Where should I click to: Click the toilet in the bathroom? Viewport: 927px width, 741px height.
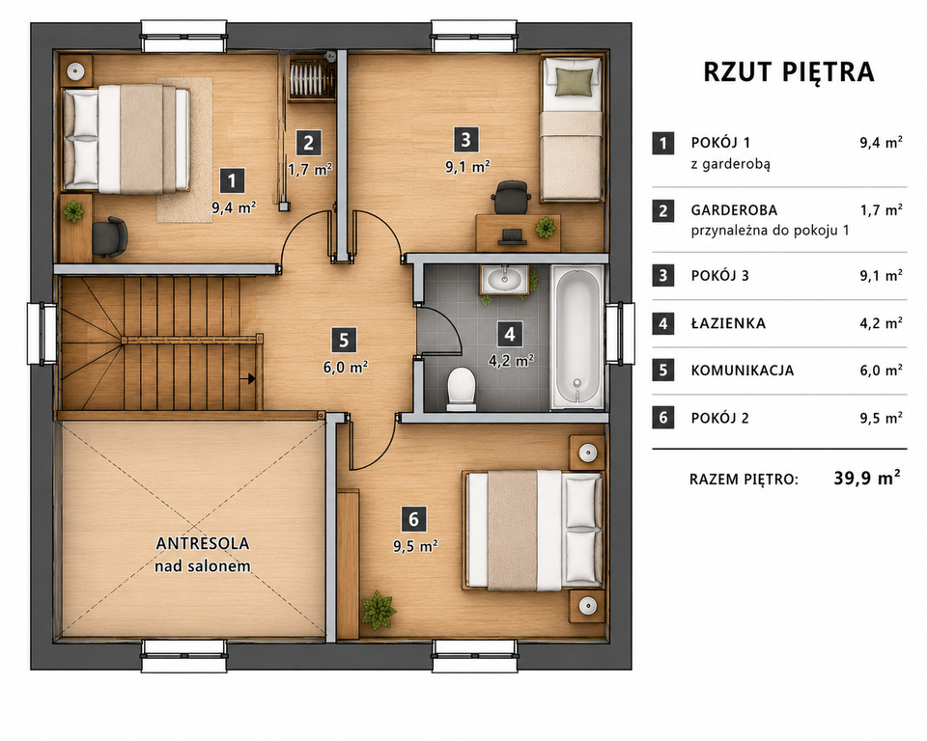point(462,390)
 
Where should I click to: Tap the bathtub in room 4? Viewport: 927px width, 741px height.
point(577,337)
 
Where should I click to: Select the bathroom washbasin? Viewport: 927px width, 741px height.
point(504,280)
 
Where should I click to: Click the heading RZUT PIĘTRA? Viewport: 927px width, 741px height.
point(789,71)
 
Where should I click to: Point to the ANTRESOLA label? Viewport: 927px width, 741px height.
point(203,543)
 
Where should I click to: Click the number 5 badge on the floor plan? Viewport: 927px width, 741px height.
point(344,341)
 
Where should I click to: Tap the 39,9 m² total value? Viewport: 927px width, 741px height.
point(868,478)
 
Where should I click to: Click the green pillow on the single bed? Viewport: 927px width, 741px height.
point(574,82)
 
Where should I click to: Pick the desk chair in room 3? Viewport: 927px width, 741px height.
point(510,197)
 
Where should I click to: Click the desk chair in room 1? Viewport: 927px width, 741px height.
point(109,237)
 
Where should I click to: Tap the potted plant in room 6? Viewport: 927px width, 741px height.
point(378,609)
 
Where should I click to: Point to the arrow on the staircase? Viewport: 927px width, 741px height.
point(251,379)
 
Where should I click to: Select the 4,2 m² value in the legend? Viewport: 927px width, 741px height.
point(881,323)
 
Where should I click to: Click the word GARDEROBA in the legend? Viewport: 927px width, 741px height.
point(734,210)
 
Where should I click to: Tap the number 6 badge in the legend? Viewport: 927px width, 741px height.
point(663,418)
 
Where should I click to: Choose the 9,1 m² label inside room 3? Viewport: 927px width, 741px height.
point(467,167)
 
